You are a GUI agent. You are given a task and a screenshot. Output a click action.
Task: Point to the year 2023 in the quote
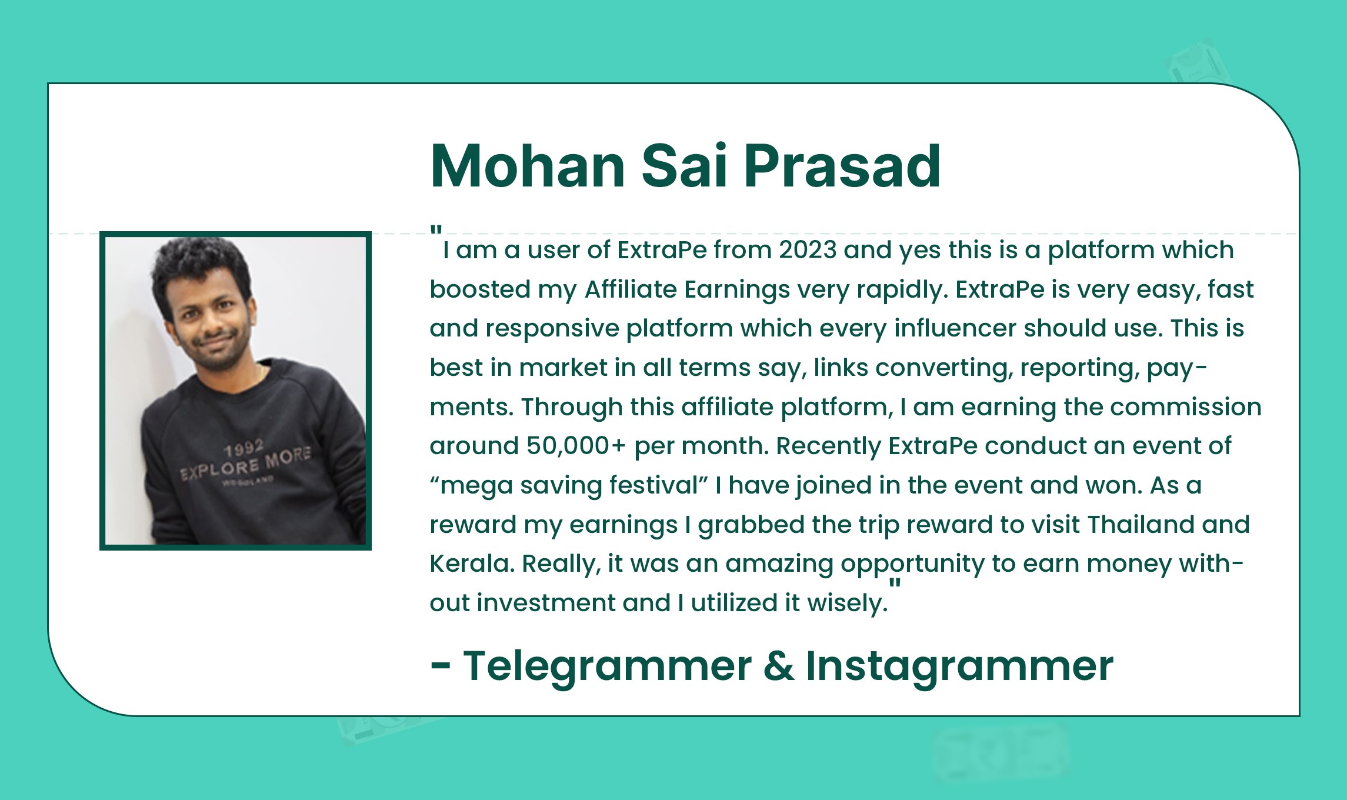(x=808, y=250)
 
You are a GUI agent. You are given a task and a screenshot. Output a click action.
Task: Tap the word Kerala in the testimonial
(x=472, y=564)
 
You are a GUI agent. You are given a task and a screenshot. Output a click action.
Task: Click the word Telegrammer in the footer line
(x=607, y=666)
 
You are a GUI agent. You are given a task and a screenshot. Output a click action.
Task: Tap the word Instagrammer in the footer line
(x=959, y=666)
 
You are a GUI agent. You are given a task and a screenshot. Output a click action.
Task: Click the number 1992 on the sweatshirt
(x=243, y=449)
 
